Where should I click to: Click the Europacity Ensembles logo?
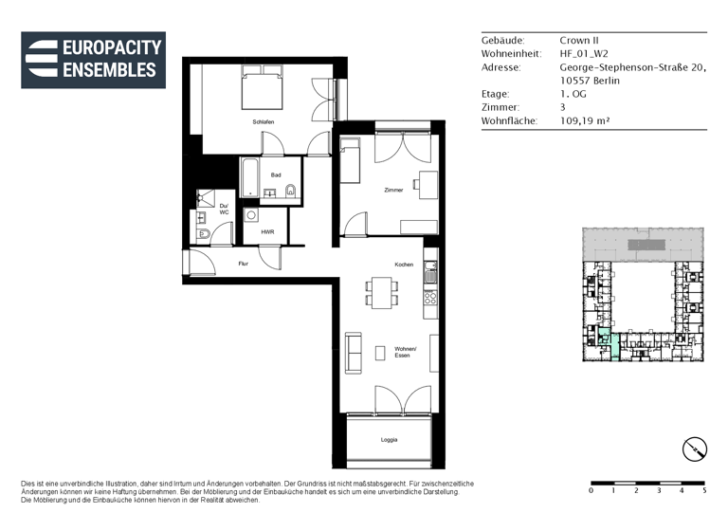[x=93, y=59]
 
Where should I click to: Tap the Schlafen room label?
[x=264, y=122]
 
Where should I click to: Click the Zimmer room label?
[x=393, y=190]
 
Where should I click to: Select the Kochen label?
[x=404, y=264]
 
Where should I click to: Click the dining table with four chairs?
[x=383, y=293]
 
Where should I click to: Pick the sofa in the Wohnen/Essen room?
[x=355, y=352]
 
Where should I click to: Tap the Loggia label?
[x=389, y=439]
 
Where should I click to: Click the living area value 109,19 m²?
[x=585, y=121]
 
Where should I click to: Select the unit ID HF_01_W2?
[x=584, y=54]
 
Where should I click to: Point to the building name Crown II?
[x=577, y=41]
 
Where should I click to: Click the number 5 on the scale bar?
[x=703, y=490]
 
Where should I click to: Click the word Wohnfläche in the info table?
[x=509, y=121]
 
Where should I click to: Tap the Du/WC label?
[x=224, y=209]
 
